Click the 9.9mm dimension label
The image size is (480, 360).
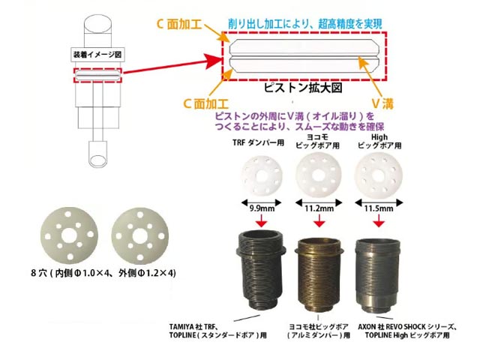pyautogui.click(x=262, y=208)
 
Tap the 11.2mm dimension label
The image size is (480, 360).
pyautogui.click(x=319, y=208)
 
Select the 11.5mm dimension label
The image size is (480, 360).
pyautogui.click(x=379, y=208)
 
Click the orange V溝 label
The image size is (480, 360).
pyautogui.click(x=382, y=104)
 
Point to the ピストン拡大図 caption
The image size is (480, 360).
pyautogui.click(x=303, y=88)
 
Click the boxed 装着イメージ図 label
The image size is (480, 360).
pyautogui.click(x=97, y=55)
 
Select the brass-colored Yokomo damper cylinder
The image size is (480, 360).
pyautogui.click(x=319, y=274)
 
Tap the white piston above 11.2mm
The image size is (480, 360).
pyautogui.click(x=319, y=175)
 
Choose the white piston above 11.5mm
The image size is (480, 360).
pyautogui.click(x=378, y=175)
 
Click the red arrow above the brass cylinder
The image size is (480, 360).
pyautogui.click(x=319, y=220)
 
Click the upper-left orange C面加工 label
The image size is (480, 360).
pyautogui.click(x=179, y=24)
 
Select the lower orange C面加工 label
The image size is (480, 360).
pyautogui.click(x=205, y=103)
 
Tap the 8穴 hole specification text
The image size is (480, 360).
pyautogui.click(x=103, y=273)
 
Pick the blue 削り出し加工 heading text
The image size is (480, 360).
pyautogui.click(x=305, y=24)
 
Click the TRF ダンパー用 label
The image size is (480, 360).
pyautogui.click(x=258, y=142)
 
